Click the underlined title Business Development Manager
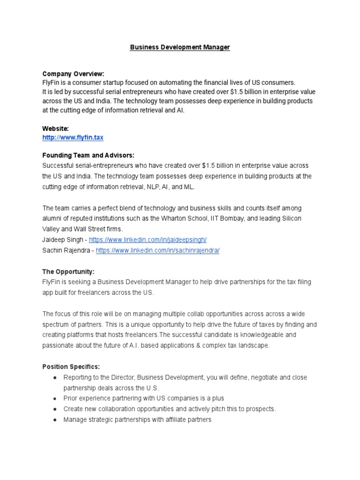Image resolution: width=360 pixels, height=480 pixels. pos(180,47)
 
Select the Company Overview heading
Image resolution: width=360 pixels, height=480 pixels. pos(73,74)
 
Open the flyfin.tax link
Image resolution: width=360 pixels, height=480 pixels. pos(73,137)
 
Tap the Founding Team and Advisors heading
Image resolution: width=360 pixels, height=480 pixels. pos(88,155)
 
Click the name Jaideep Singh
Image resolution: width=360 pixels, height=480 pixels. pos(61,240)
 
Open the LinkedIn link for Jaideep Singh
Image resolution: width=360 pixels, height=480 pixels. pos(148,240)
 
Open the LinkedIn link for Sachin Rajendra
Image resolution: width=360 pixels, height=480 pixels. pos(157,250)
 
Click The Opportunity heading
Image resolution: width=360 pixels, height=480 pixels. pos(68,271)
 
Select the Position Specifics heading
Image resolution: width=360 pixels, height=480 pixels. pos(71,367)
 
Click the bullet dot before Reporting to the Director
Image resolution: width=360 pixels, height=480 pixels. pos(55,377)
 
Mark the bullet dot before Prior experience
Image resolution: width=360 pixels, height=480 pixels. pos(55,398)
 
